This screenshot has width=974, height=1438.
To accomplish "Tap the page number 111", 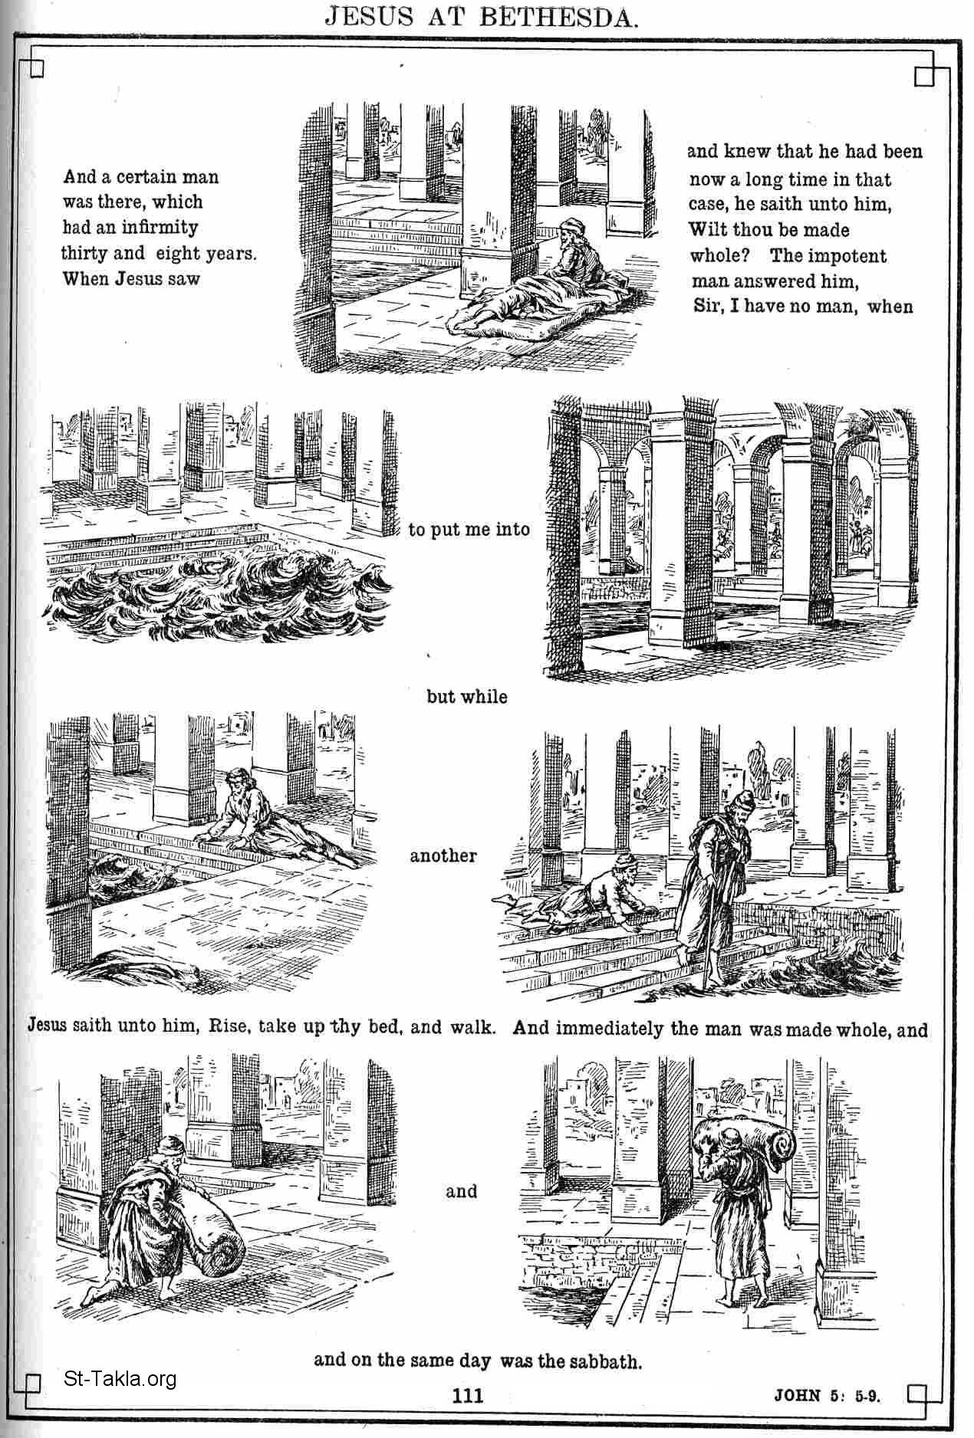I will click(x=467, y=1394).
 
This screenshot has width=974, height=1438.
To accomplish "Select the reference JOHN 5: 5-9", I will click(x=827, y=1394).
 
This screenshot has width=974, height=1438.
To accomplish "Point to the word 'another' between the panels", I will click(x=443, y=855).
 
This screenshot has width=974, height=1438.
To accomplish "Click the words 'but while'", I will click(x=467, y=696).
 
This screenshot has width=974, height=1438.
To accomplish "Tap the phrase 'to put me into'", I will click(x=469, y=529).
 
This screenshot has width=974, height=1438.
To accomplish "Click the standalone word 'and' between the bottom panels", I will click(x=461, y=1191).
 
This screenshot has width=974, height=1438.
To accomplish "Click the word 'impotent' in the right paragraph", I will click(x=854, y=256).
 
